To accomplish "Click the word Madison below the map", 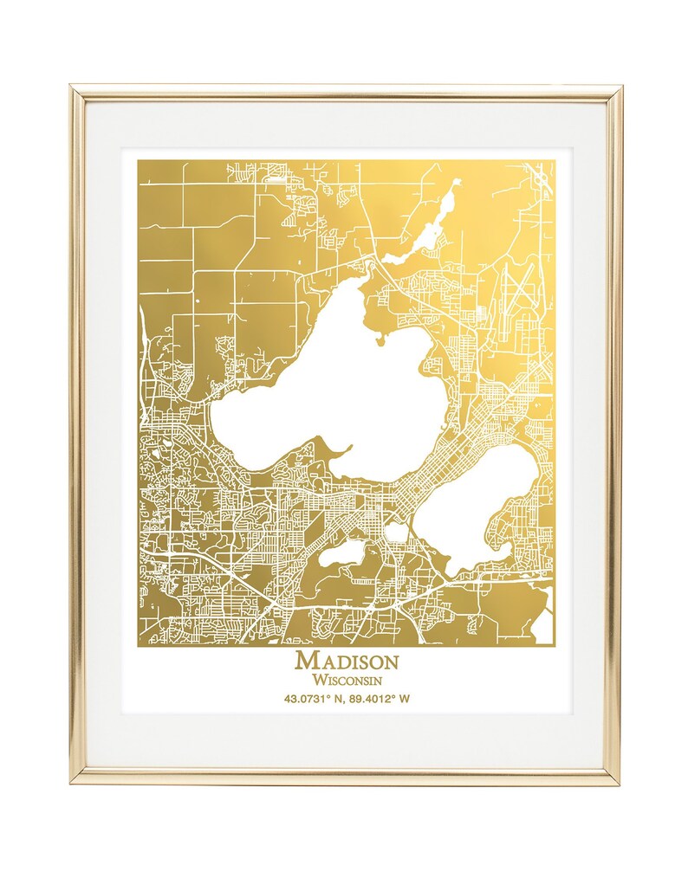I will coord(347,661).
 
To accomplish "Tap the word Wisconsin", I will coord(347,680).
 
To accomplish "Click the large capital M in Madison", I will coord(306,661).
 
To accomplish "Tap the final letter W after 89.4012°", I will coord(406,698).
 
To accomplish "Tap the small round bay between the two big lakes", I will coord(396,532).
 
